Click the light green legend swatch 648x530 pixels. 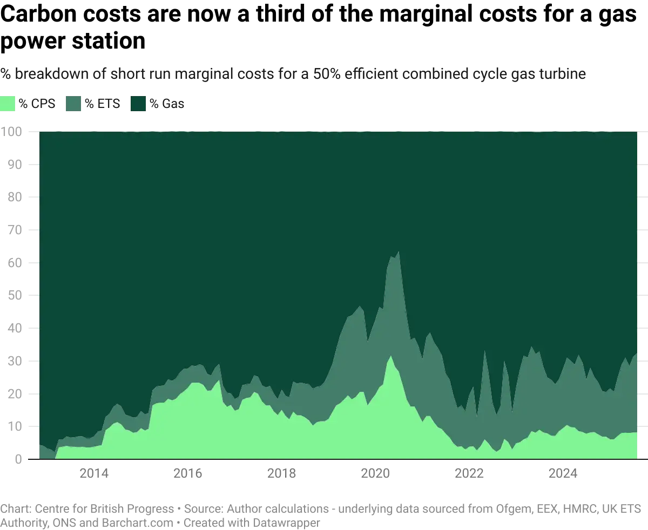click(x=9, y=104)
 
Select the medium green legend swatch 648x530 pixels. click(x=73, y=104)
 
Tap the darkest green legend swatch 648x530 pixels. click(x=139, y=104)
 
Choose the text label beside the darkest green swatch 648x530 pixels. click(x=169, y=104)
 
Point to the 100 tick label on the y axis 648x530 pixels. click(x=12, y=132)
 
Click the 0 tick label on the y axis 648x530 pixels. click(x=16, y=460)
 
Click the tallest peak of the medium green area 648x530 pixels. click(x=398, y=252)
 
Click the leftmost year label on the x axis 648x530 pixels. click(x=94, y=474)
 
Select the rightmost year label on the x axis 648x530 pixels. click(x=563, y=474)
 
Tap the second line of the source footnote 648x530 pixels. click(x=162, y=521)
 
